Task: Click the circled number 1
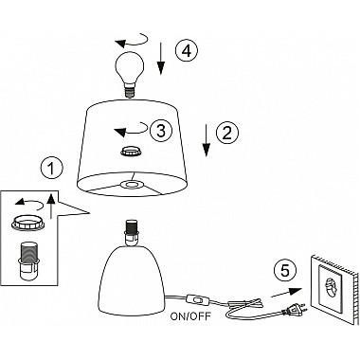52,169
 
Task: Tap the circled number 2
227,133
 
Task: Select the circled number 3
161,131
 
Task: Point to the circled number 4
187,50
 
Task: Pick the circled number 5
285,271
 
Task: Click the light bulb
129,75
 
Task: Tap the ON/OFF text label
190,316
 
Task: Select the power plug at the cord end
295,310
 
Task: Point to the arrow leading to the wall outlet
286,293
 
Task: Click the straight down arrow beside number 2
207,140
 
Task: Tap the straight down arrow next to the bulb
161,58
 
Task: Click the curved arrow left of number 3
131,129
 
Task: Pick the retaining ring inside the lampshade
131,151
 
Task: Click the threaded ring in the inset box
27,224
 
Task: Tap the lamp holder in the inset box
28,261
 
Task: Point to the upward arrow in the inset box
51,207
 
